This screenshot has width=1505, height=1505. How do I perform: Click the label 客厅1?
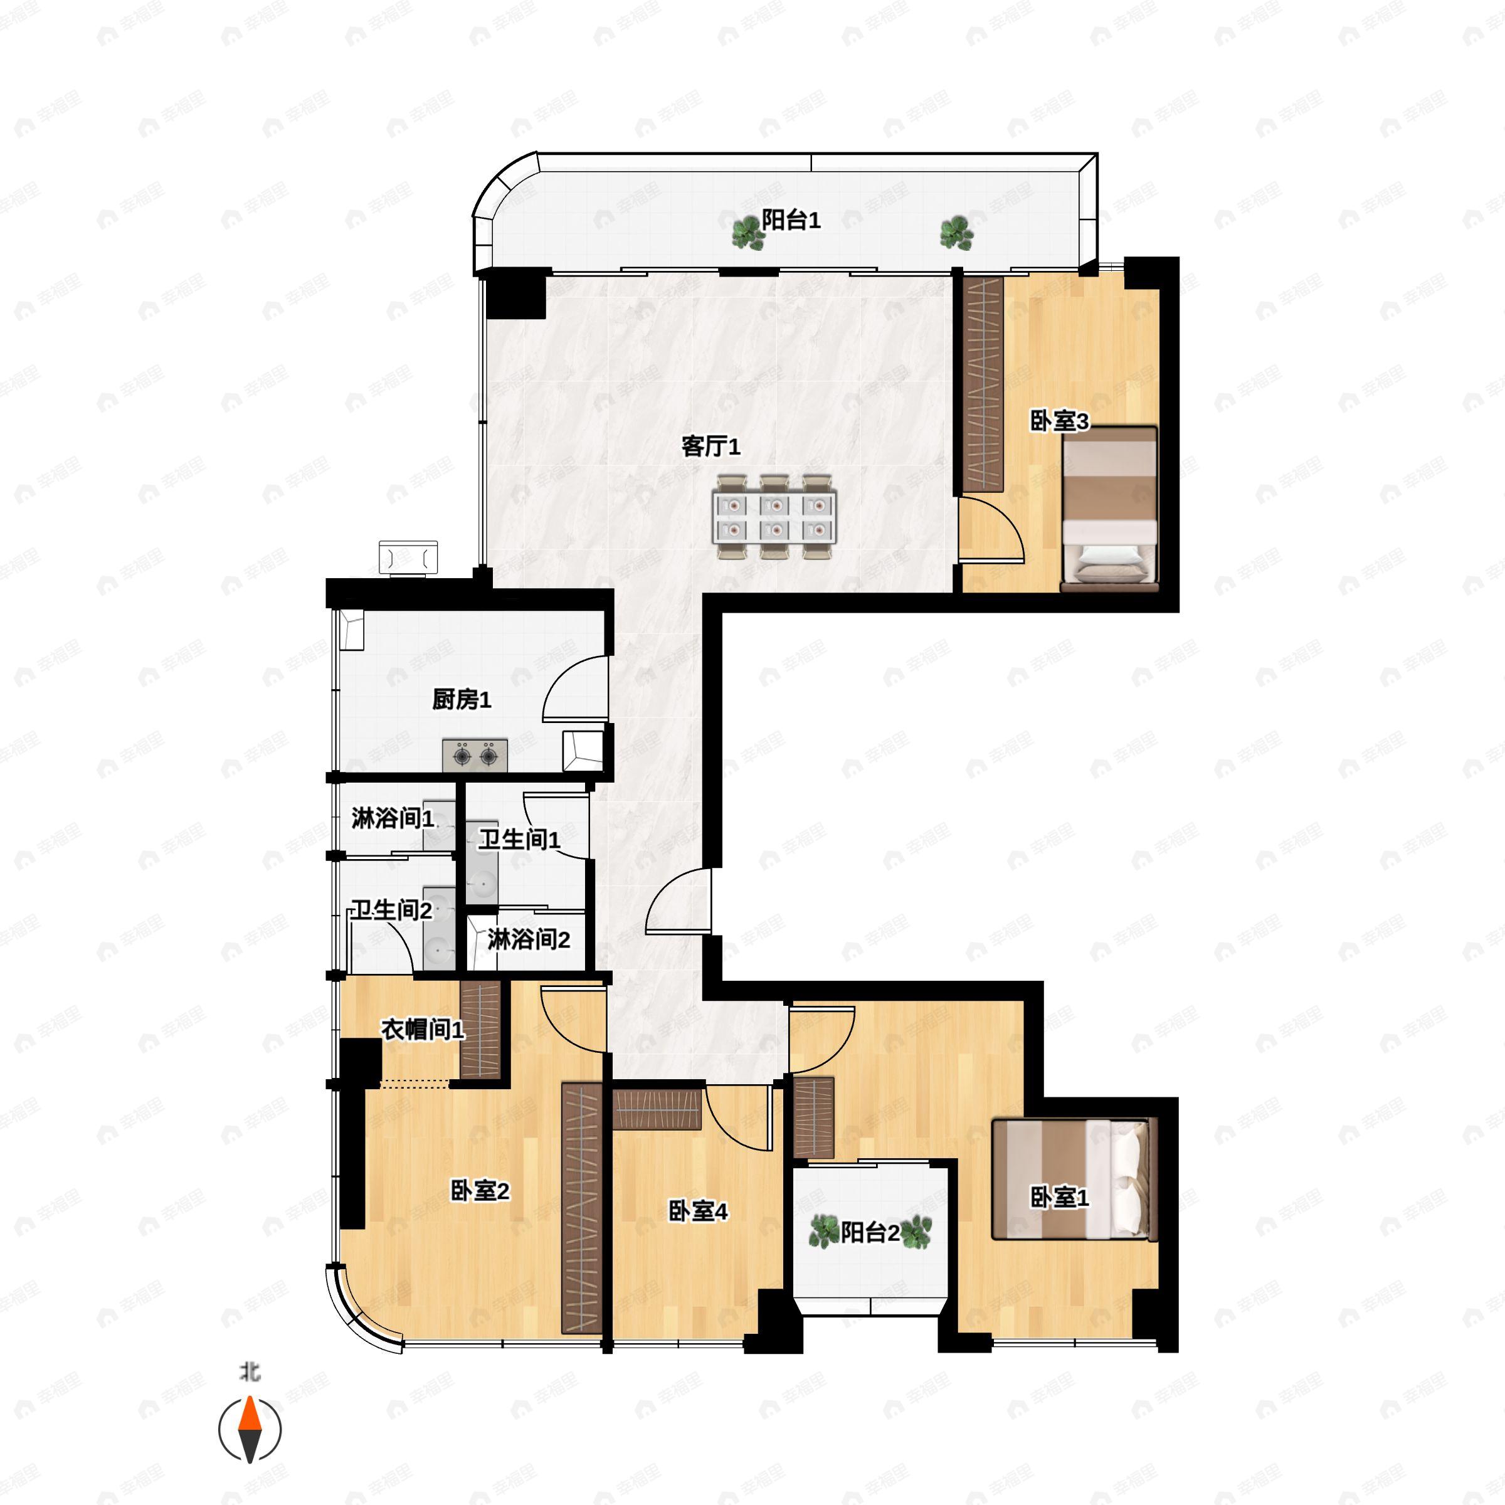click(x=710, y=446)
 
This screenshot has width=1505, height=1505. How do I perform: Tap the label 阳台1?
click(x=791, y=221)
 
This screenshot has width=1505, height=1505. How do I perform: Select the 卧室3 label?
click(x=1059, y=421)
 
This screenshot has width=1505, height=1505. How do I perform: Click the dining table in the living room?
click(x=774, y=517)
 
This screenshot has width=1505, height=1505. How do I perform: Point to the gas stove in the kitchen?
click(x=475, y=755)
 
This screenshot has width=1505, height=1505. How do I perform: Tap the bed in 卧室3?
click(x=1109, y=508)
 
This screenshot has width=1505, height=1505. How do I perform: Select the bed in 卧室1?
click(x=1074, y=1180)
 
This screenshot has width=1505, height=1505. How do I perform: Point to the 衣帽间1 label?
click(x=422, y=1030)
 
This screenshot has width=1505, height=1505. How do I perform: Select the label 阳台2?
click(x=870, y=1232)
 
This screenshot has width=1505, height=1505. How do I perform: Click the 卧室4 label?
click(x=698, y=1212)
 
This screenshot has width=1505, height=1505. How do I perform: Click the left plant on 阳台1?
click(x=748, y=232)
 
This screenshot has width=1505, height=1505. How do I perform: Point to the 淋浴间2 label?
click(x=529, y=940)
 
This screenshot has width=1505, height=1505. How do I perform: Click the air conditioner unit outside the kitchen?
click(x=408, y=557)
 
